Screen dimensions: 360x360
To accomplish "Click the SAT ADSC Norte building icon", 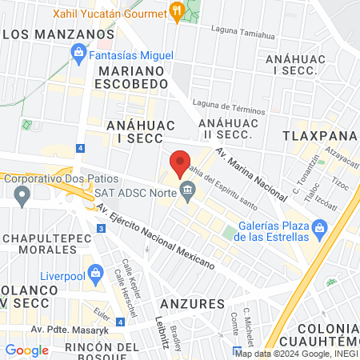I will click(188, 191).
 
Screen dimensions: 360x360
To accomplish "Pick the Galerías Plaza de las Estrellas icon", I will click(320, 230).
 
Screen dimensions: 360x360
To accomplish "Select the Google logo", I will click(26, 350).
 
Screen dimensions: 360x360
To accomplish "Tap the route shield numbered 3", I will click(100, 229).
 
